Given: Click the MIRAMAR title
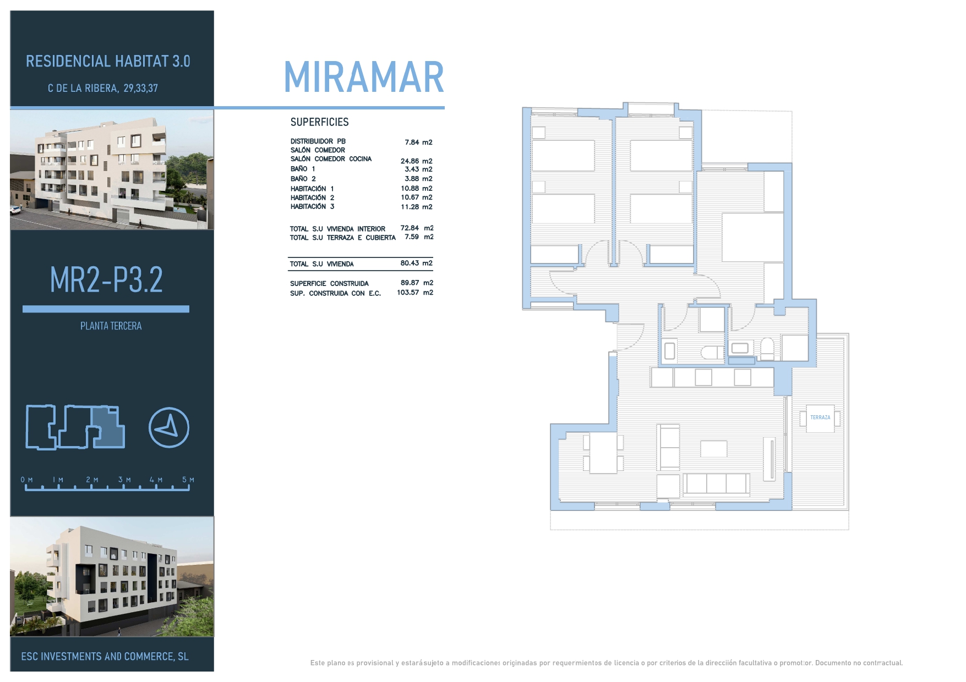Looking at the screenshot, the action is (364, 77).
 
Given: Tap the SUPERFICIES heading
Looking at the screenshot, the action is (319, 122).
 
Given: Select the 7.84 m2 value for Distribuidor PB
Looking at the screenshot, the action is (418, 142).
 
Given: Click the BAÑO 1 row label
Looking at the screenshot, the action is (303, 169).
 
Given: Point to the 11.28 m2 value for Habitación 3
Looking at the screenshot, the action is (417, 207).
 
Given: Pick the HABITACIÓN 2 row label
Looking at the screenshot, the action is (312, 197).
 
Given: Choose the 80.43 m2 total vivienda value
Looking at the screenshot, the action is (416, 263).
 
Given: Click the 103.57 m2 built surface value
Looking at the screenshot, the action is (415, 293).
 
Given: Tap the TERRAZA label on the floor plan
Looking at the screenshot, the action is (820, 417).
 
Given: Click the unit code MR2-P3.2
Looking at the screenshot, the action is (106, 279).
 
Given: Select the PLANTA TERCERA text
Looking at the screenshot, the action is (111, 326).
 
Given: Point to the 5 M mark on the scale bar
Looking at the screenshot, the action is (188, 480).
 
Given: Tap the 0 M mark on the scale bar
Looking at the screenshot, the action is (26, 480).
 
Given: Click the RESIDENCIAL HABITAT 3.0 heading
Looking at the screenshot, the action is (108, 61).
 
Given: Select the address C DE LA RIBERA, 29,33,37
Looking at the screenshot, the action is (103, 88).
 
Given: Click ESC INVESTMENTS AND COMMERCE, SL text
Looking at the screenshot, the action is (105, 657).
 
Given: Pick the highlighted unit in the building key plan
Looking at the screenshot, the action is (108, 428).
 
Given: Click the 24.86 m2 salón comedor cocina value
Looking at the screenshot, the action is (417, 161).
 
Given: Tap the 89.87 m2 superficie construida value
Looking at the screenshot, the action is (417, 283).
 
